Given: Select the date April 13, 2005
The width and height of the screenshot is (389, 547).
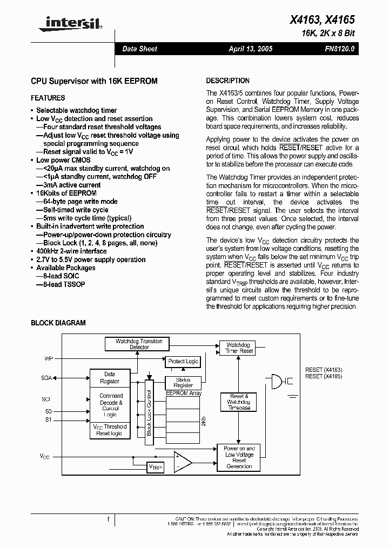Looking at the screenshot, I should [x=251, y=49].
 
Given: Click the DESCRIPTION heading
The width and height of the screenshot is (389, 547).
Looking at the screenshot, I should [x=227, y=81].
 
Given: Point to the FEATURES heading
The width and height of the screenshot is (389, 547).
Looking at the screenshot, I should [x=48, y=98].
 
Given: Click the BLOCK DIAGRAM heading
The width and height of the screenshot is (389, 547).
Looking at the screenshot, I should [x=58, y=323].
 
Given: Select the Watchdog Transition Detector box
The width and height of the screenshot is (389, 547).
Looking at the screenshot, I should [x=139, y=344].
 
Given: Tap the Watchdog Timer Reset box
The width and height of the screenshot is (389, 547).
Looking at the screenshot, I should [x=239, y=348].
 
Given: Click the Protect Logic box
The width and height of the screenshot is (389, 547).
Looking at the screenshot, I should [x=184, y=361].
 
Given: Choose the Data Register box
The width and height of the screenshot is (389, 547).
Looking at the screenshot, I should [x=110, y=377].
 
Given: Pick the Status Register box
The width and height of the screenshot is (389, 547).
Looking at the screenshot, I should [x=183, y=383].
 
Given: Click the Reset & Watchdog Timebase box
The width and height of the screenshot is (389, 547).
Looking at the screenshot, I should [x=238, y=402].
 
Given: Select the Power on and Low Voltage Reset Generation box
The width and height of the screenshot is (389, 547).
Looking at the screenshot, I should [x=239, y=457].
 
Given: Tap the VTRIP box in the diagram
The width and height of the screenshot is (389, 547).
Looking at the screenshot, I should [x=156, y=466].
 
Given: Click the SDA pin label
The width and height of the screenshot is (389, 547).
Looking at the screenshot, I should [x=46, y=378].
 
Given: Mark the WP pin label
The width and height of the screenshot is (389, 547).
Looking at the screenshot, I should [x=48, y=358].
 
